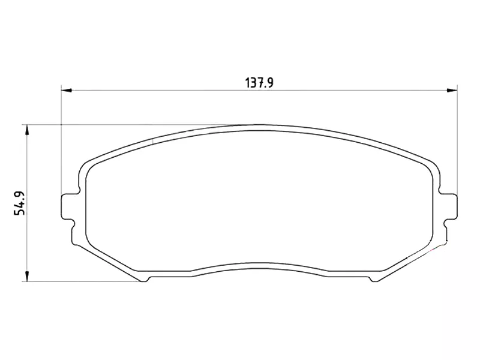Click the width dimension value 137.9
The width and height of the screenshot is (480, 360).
tap(259, 83)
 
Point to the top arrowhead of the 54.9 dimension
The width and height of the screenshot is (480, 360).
tap(26, 130)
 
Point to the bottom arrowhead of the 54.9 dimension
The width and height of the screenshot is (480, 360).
tap(26, 277)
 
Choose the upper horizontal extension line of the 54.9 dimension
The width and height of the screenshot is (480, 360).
tap(120, 125)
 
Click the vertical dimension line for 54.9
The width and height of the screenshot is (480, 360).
tap(26, 240)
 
